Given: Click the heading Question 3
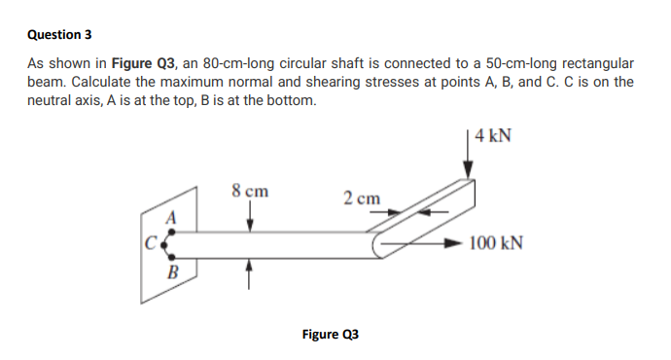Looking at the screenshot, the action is click(x=59, y=34).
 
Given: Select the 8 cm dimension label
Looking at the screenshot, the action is click(x=251, y=191).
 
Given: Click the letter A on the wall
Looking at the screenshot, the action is click(x=171, y=217).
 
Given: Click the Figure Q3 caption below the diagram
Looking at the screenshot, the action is click(x=330, y=335).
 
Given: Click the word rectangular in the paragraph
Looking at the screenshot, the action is click(x=599, y=62).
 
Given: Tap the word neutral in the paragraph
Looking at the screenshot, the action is click(x=52, y=101).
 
